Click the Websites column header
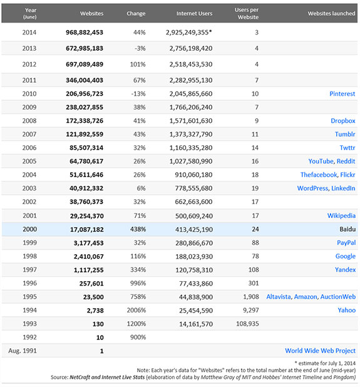[91, 13]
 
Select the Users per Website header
[247, 13]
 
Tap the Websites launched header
[331, 13]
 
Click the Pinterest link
[342, 94]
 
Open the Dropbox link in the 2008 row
[343, 121]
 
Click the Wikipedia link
[341, 215]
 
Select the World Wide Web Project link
[321, 351]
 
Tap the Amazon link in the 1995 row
[306, 297]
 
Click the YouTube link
[321, 161]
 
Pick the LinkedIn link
[343, 188]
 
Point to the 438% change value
[138, 229]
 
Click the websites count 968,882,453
[85, 33]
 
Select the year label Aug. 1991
[23, 351]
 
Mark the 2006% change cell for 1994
[136, 310]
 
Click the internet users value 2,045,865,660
[191, 94]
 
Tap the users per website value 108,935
[247, 324]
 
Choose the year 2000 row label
[30, 229]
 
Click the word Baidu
[347, 229]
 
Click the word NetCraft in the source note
[80, 378]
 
